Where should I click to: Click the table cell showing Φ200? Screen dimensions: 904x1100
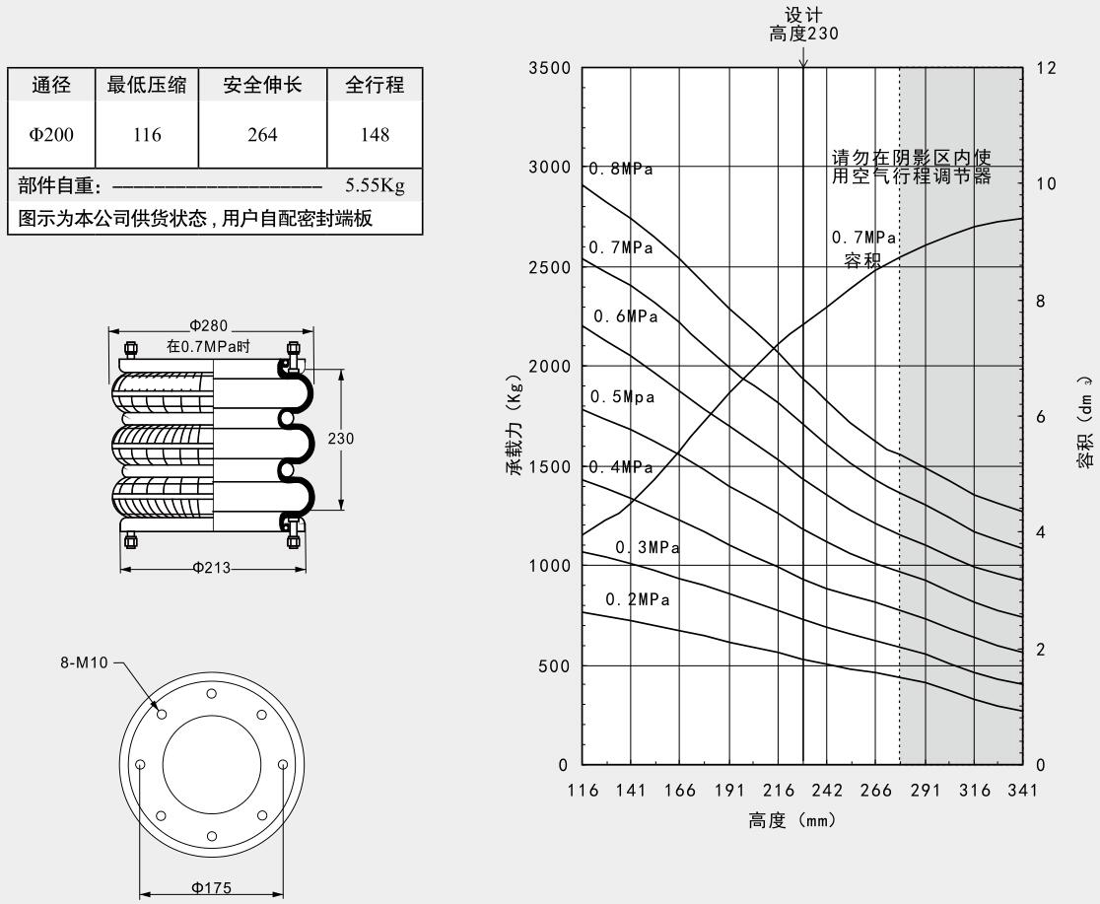pos(51,135)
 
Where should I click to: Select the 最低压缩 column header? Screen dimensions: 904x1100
pos(147,86)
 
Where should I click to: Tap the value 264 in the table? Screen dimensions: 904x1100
pos(262,135)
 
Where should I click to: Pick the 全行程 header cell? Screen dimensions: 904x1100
pos(375,86)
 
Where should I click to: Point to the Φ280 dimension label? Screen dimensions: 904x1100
pos(210,326)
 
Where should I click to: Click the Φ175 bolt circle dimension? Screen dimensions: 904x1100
pos(211,887)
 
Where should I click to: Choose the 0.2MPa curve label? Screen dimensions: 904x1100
pos(638,599)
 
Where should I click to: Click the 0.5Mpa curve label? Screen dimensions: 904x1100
pos(623,397)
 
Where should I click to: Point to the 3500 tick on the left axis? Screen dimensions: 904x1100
pos(550,68)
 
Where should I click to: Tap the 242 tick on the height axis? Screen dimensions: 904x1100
pos(827,790)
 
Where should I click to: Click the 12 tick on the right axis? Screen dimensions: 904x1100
pos(1046,68)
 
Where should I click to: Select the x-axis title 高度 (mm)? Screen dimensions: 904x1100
pos(792,820)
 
